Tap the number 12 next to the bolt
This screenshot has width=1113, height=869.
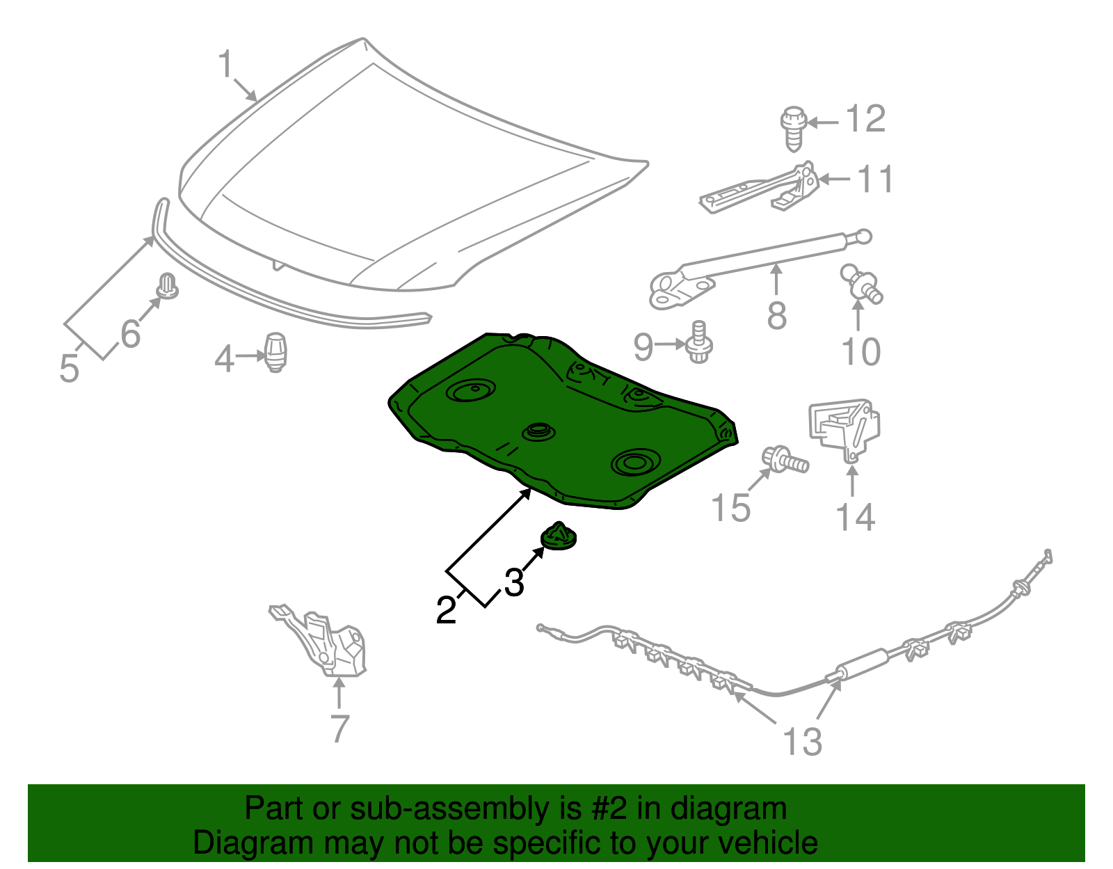[865, 119]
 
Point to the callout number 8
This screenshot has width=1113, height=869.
[776, 316]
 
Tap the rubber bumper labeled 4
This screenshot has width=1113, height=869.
[276, 351]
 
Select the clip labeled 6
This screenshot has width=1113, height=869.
[167, 286]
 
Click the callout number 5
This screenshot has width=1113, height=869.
[69, 368]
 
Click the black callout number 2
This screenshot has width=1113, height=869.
[446, 610]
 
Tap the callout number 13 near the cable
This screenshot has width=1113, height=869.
[802, 742]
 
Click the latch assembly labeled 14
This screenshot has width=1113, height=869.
[844, 428]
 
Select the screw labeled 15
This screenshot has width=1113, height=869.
[786, 460]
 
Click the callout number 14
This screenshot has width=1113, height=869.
[854, 518]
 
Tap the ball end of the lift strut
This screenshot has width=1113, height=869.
[863, 237]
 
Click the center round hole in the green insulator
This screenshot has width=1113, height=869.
[537, 431]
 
